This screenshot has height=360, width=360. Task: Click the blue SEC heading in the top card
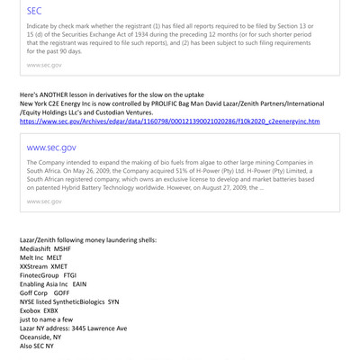click(34, 12)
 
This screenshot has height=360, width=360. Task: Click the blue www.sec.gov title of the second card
click(51, 147)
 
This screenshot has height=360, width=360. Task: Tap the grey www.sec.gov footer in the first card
click(45, 65)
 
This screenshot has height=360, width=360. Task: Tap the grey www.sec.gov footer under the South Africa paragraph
click(45, 201)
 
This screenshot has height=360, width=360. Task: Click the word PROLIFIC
click(166, 103)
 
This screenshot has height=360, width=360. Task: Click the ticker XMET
click(60, 267)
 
